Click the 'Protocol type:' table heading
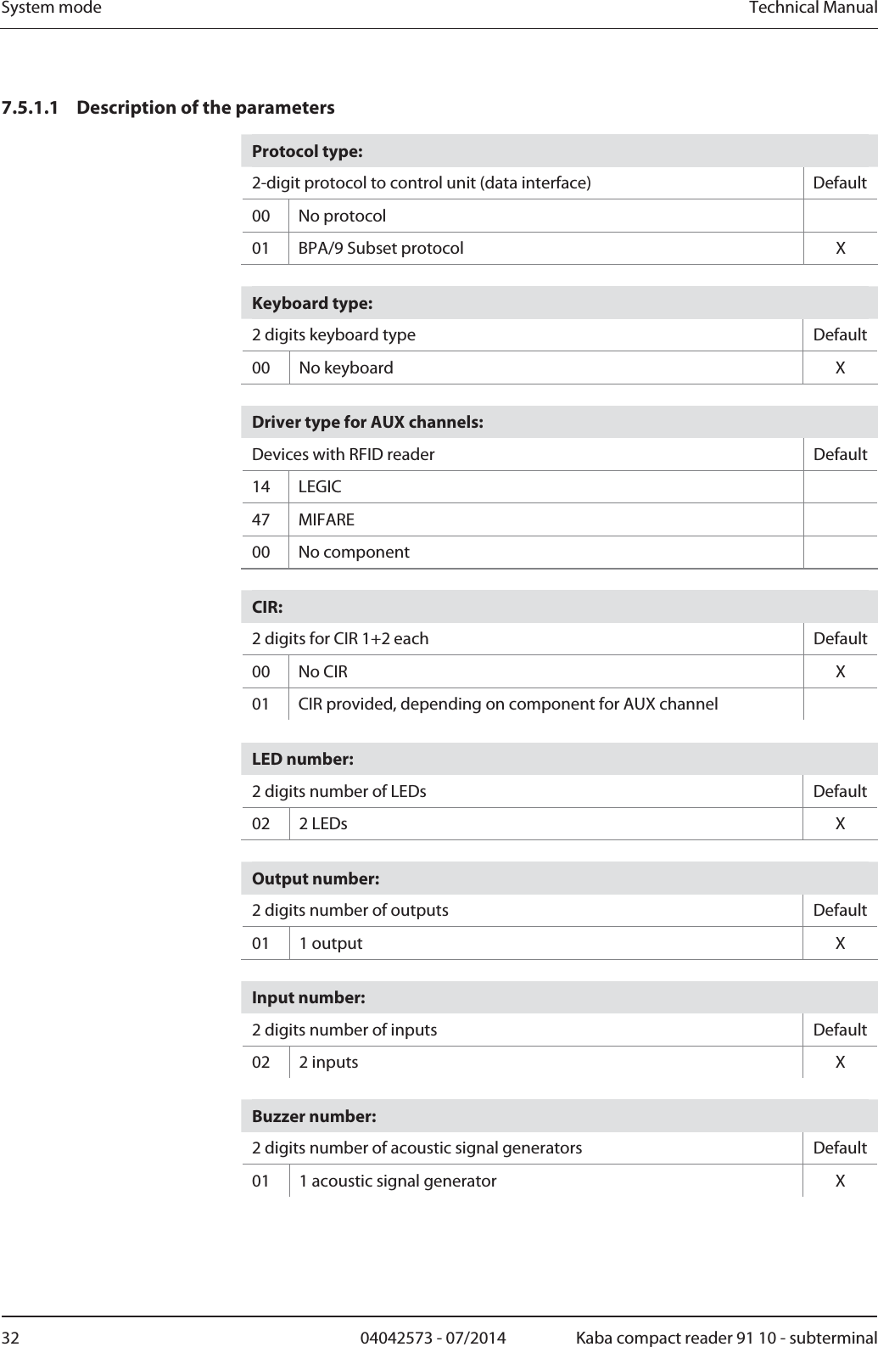click(307, 152)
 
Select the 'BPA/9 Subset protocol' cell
click(381, 249)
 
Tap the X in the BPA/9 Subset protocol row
click(840, 249)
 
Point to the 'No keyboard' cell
click(346, 368)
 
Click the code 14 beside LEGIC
click(261, 487)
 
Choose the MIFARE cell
click(327, 519)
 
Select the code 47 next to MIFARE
click(261, 519)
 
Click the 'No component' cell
click(354, 553)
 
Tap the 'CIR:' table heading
click(267, 608)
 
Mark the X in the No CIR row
click(840, 672)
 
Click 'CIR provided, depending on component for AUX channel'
click(508, 704)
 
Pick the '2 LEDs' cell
click(323, 824)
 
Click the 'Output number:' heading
click(316, 878)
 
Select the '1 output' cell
click(331, 944)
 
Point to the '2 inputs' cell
click(328, 1063)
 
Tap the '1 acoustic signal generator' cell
click(398, 1181)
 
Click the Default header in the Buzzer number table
click(840, 1148)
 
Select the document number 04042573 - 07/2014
click(433, 1339)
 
